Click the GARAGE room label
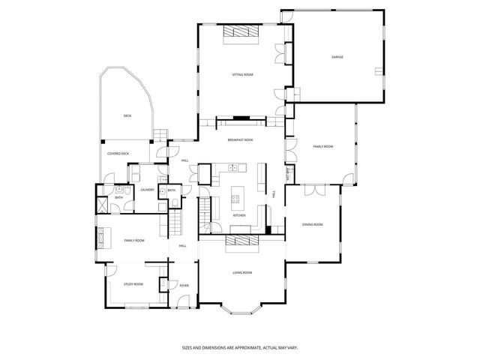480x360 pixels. [x=337, y=57]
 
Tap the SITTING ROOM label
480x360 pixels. [x=241, y=75]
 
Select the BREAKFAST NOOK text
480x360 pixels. [x=241, y=140]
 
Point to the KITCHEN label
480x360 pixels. [x=239, y=215]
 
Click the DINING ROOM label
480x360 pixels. [x=312, y=224]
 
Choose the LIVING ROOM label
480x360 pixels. [x=241, y=272]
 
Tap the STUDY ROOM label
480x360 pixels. [x=133, y=284]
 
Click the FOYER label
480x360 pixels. [x=184, y=285]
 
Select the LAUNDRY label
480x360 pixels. [x=148, y=190]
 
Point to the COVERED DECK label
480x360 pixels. [x=118, y=154]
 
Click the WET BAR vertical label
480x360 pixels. [x=289, y=173]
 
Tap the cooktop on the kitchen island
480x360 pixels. [x=236, y=199]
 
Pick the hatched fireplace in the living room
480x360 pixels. [x=241, y=241]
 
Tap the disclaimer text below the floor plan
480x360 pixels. [x=239, y=347]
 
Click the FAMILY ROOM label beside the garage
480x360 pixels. [x=322, y=146]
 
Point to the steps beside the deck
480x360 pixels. [x=158, y=135]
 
